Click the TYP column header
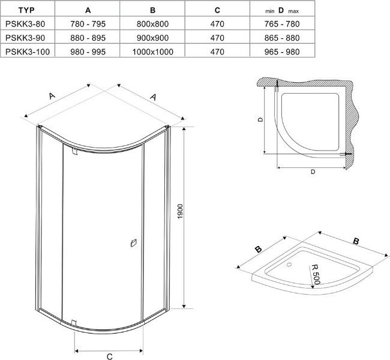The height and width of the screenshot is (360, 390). point(26,10)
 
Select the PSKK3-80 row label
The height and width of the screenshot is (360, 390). point(25,24)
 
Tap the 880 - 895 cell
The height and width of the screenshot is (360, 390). point(88,38)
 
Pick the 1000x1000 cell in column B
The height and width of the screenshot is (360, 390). point(153,52)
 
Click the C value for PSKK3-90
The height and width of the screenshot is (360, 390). point(217,38)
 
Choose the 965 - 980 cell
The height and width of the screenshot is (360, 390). point(282,52)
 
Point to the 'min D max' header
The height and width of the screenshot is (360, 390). point(282,10)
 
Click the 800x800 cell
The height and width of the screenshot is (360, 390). point(153,24)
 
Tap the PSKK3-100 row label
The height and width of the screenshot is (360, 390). point(28,52)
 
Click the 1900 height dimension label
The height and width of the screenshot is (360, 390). point(181,211)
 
